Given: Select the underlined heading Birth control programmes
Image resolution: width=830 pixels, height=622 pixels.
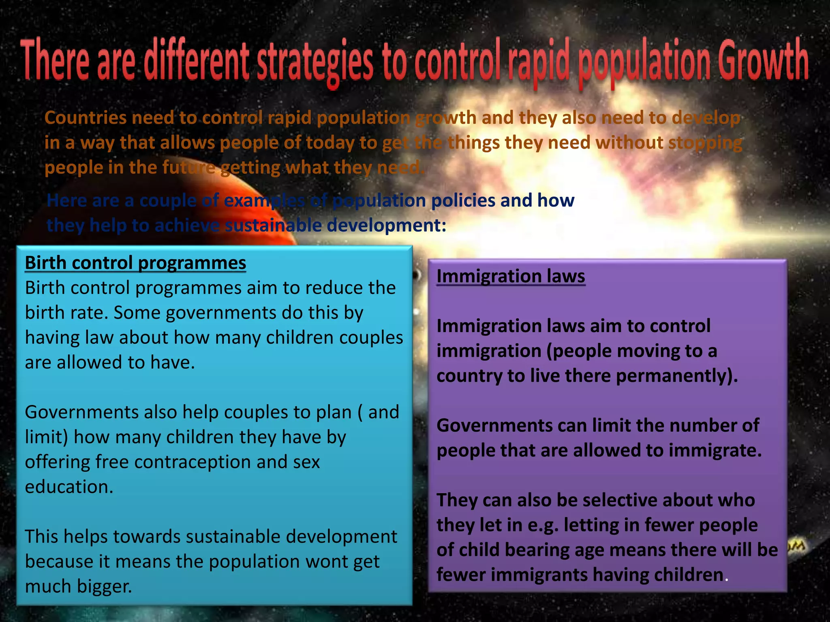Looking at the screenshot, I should click(x=135, y=263).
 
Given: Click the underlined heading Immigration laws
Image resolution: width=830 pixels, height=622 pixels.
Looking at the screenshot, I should click(x=511, y=277).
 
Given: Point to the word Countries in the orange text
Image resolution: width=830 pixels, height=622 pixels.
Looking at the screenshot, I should click(x=86, y=118).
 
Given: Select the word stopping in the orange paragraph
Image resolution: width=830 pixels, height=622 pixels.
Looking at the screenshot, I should click(x=705, y=143).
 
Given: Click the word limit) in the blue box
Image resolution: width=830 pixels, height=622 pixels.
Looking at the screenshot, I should click(x=46, y=437).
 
